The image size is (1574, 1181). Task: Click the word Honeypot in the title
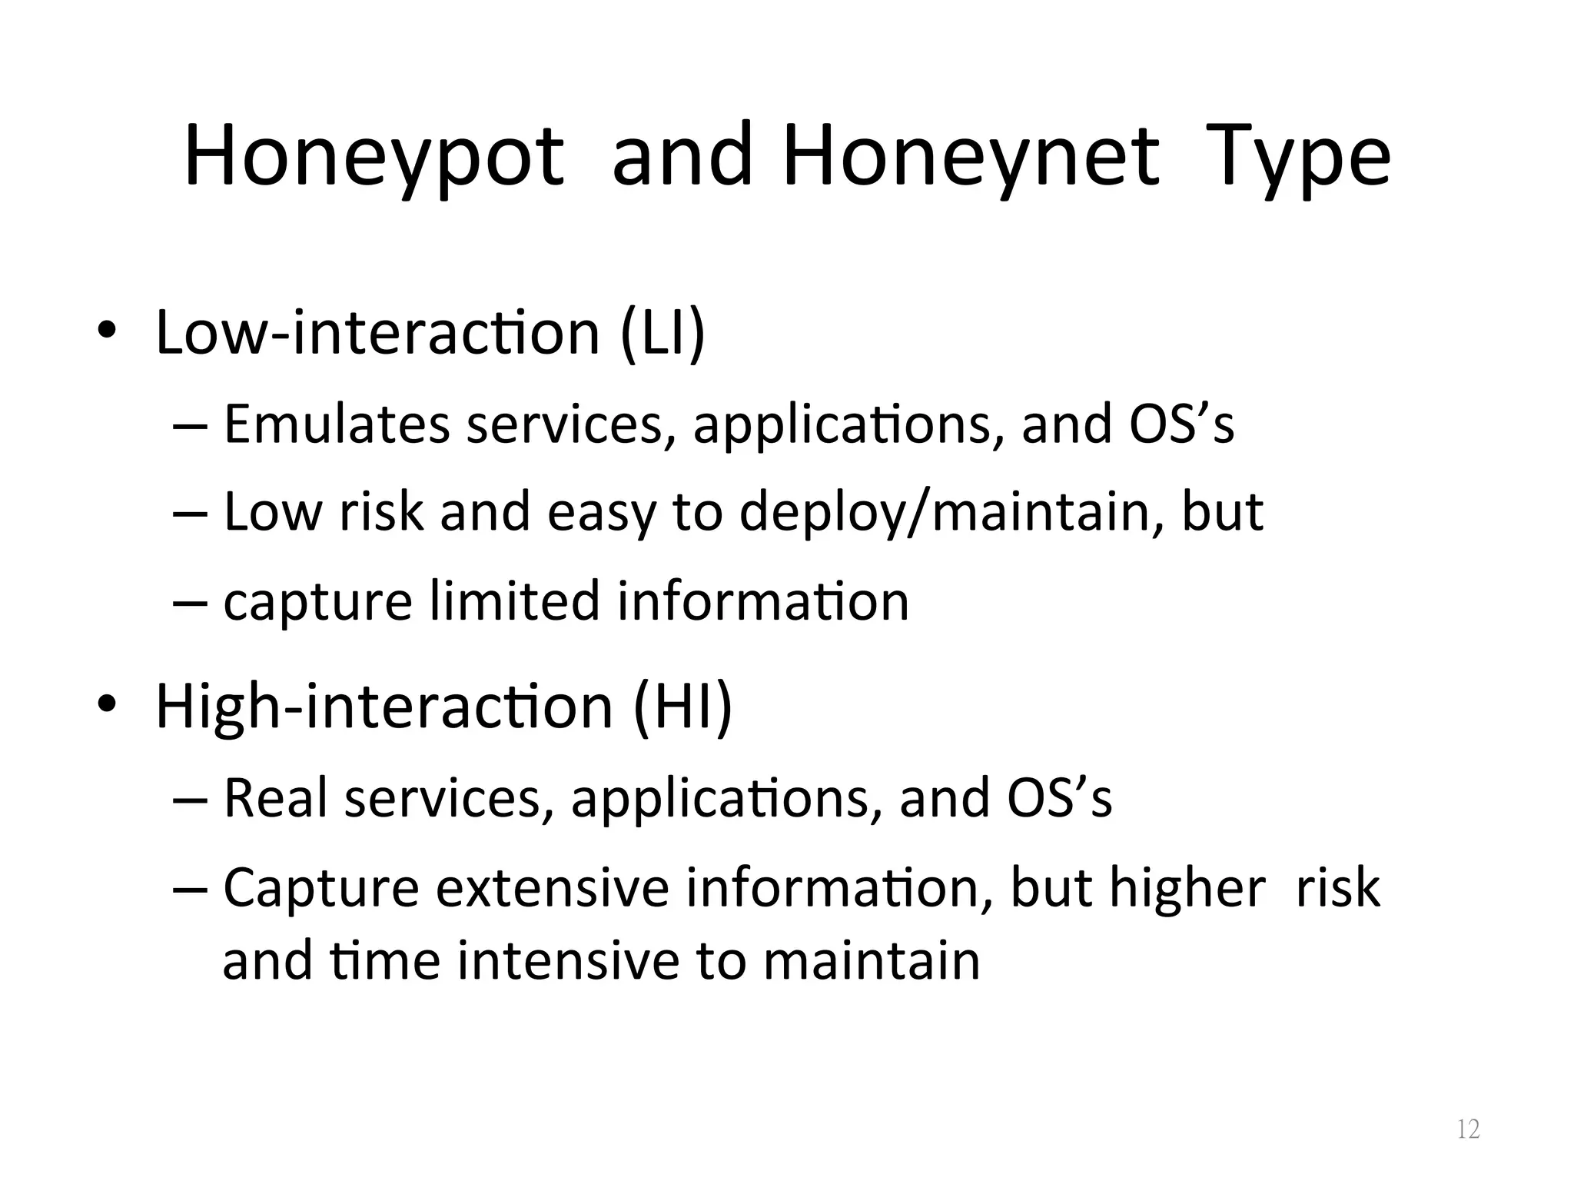[374, 158]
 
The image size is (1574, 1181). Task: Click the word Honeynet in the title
[971, 158]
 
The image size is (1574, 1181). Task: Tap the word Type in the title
[1298, 158]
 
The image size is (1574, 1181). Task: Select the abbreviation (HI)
[682, 707]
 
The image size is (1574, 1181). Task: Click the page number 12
[1468, 1129]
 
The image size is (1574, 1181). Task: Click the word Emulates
[336, 424]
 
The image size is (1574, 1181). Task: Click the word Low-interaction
[377, 333]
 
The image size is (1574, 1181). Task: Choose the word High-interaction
[384, 707]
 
